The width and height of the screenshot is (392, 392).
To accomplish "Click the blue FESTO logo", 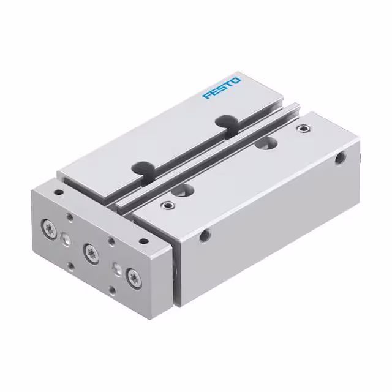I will tap(222, 88).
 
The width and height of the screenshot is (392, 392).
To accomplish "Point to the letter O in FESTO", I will tap(236, 80).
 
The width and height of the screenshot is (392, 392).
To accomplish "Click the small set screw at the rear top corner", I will tap(302, 129).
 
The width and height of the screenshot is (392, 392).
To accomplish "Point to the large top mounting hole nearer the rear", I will tap(265, 144).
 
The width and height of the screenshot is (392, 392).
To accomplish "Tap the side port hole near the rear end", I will tap(340, 158).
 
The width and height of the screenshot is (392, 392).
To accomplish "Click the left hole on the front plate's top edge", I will tap(59, 192).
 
